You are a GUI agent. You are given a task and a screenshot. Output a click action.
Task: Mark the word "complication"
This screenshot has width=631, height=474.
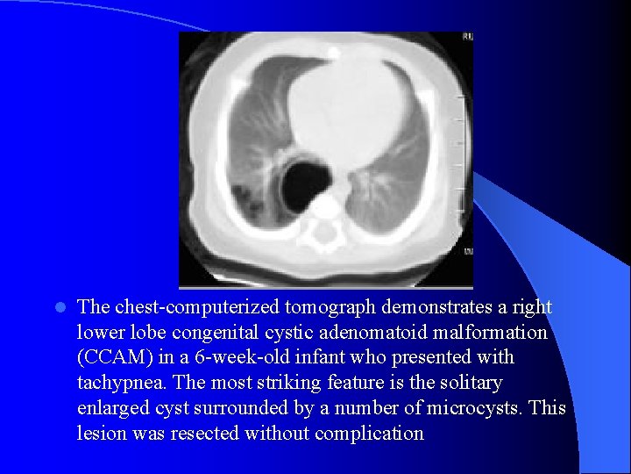369,434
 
